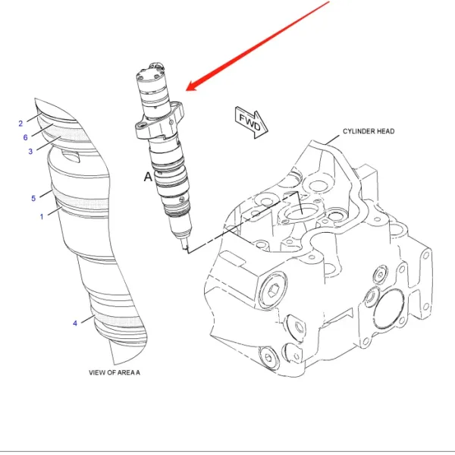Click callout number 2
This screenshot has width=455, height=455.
[21, 123]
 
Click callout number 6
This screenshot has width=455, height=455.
[25, 137]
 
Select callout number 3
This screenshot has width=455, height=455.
[30, 151]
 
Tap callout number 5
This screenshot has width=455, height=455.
[33, 199]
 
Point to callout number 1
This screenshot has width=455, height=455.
[42, 217]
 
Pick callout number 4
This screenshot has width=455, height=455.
[75, 323]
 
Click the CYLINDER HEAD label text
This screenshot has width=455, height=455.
[368, 131]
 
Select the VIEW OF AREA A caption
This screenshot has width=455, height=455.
[115, 372]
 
